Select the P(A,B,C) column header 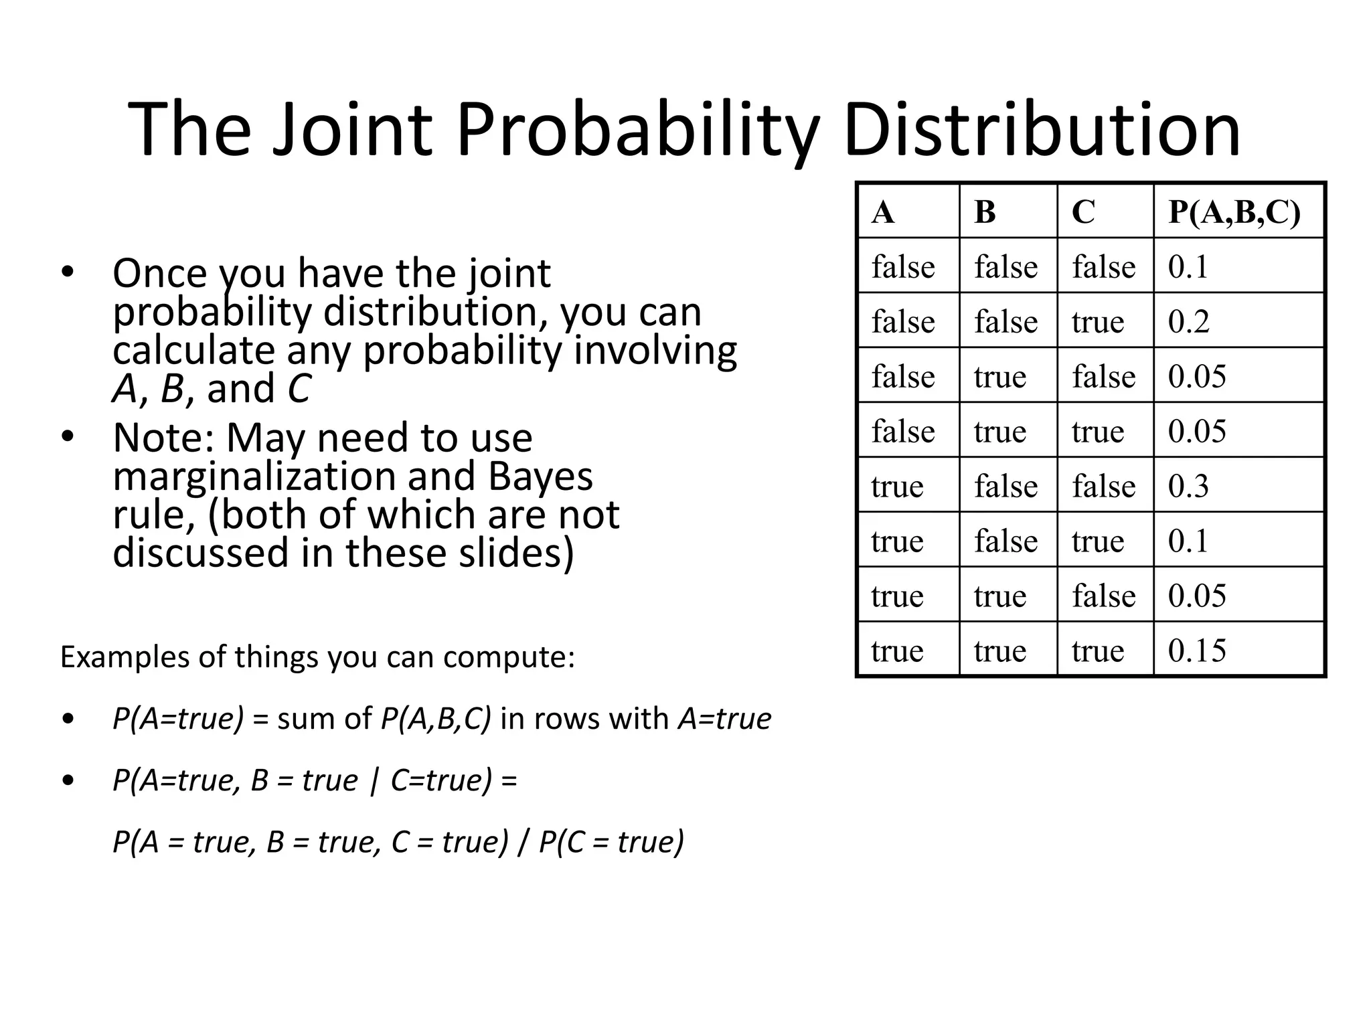click(x=1234, y=212)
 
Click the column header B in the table click(x=985, y=212)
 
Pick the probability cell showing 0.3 click(x=1188, y=486)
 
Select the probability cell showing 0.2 click(x=1188, y=322)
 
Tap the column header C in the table click(x=1083, y=212)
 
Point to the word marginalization click(x=256, y=477)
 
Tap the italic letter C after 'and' click(x=299, y=389)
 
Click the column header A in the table click(x=883, y=212)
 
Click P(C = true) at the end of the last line click(x=611, y=842)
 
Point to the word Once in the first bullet click(x=160, y=274)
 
